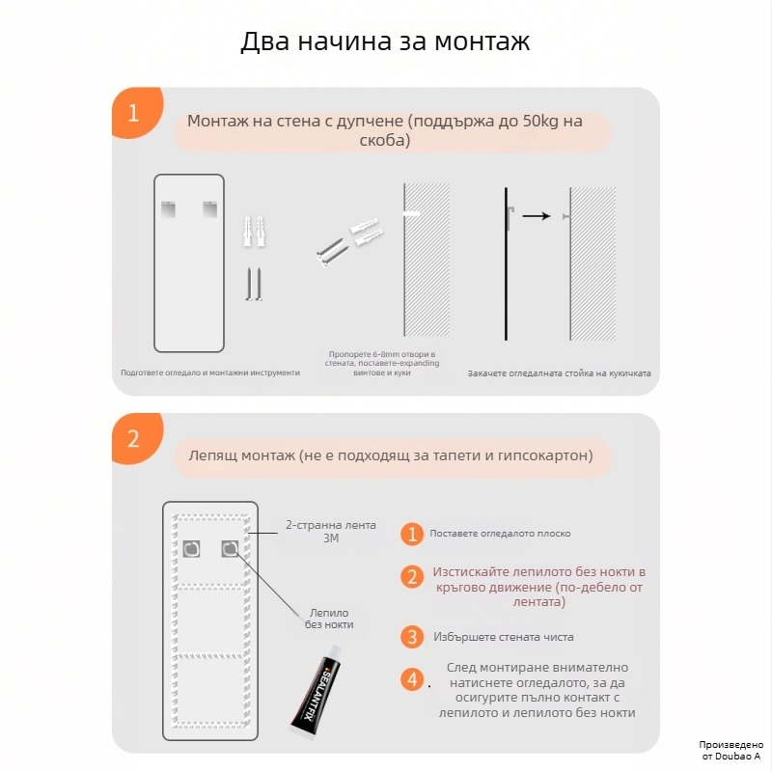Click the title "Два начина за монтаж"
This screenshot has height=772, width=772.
point(385,43)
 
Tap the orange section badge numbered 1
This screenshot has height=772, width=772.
point(134,113)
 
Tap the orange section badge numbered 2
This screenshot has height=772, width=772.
point(134,439)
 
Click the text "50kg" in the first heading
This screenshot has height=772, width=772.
point(540,123)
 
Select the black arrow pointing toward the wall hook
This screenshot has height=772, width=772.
point(536,216)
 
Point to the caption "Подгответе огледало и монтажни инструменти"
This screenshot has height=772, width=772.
point(210,372)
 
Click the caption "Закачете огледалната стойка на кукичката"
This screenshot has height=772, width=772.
point(559,372)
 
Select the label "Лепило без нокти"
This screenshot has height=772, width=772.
point(329,619)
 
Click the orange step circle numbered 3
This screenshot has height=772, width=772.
point(412,637)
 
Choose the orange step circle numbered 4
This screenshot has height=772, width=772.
point(412,679)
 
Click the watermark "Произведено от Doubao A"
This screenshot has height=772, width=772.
point(731,751)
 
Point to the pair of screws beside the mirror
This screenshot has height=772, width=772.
point(253,285)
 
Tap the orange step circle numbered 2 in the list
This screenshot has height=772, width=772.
point(412,577)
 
